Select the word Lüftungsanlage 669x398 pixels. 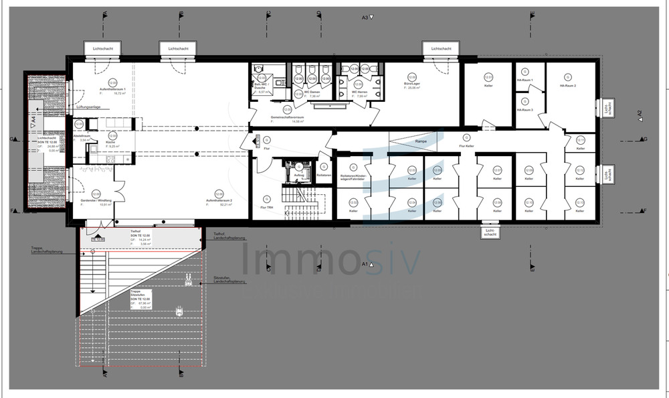pyautogui.click(x=90, y=107)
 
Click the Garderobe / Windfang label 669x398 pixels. pyautogui.click(x=94, y=200)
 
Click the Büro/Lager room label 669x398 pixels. pyautogui.click(x=411, y=84)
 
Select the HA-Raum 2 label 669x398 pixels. pyautogui.click(x=567, y=86)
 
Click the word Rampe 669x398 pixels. pyautogui.click(x=421, y=141)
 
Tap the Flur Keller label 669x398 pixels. pyautogui.click(x=467, y=145)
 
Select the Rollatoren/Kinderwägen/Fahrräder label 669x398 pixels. pyautogui.click(x=352, y=178)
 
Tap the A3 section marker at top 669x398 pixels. pyautogui.click(x=365, y=17)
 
